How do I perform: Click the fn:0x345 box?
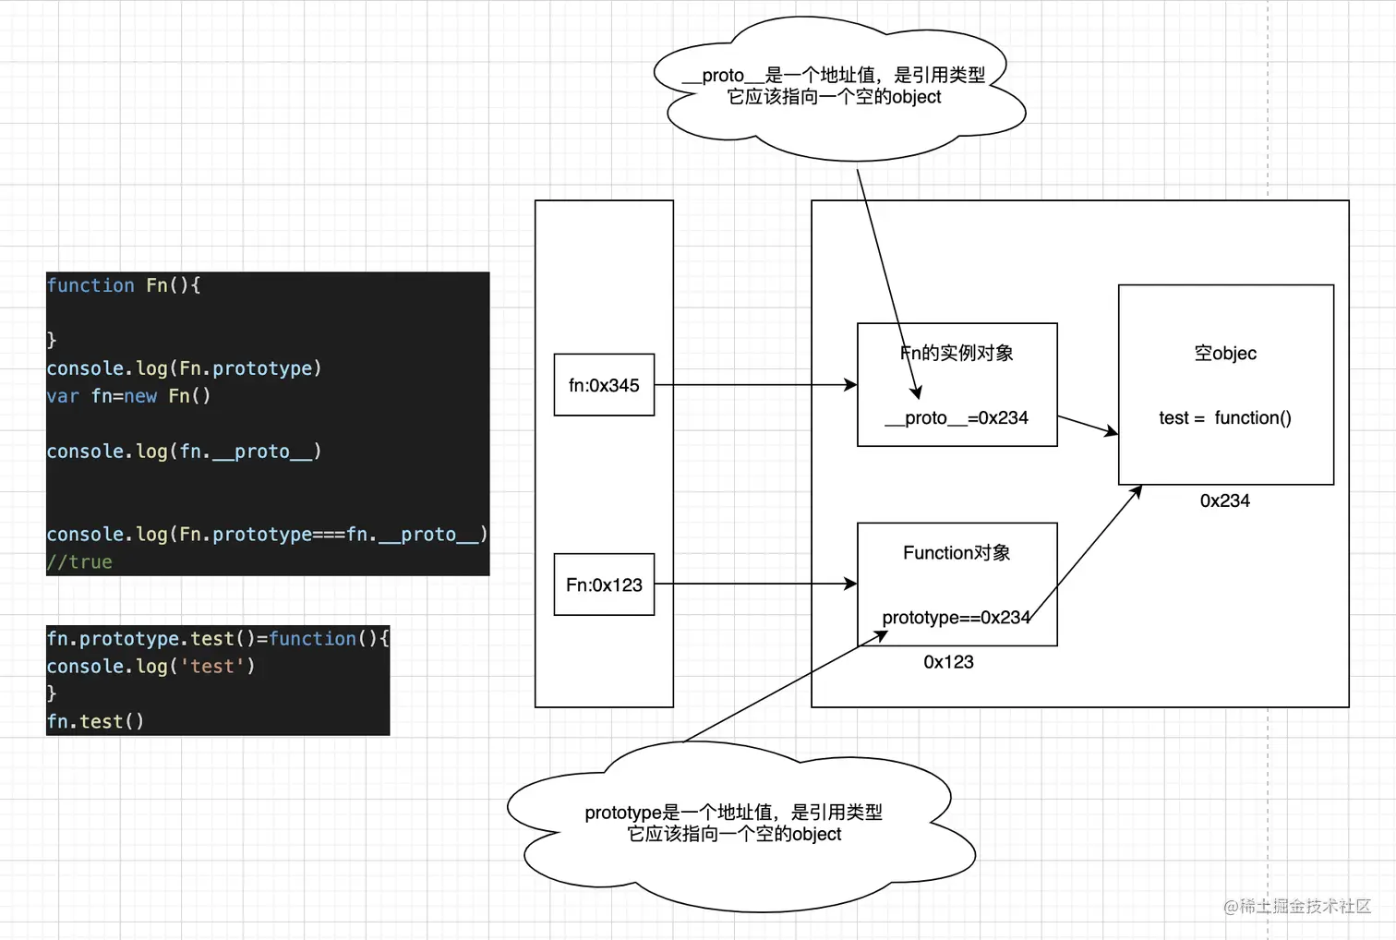tap(604, 385)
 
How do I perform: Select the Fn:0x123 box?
tap(604, 584)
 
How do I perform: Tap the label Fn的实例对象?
tap(957, 353)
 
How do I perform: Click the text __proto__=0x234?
tap(957, 418)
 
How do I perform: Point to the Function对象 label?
tap(957, 553)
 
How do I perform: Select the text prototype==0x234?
tap(956, 618)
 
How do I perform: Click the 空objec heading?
tap(1225, 354)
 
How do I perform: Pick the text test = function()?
tap(1225, 418)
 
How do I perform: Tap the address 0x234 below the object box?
tap(1225, 501)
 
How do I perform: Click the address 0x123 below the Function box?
tap(948, 662)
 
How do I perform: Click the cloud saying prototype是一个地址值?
tap(734, 824)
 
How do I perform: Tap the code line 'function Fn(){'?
tap(124, 285)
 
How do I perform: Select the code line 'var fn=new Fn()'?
tap(128, 396)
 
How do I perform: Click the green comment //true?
tap(79, 562)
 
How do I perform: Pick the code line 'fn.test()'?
tap(95, 722)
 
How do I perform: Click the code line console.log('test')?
tap(150, 667)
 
